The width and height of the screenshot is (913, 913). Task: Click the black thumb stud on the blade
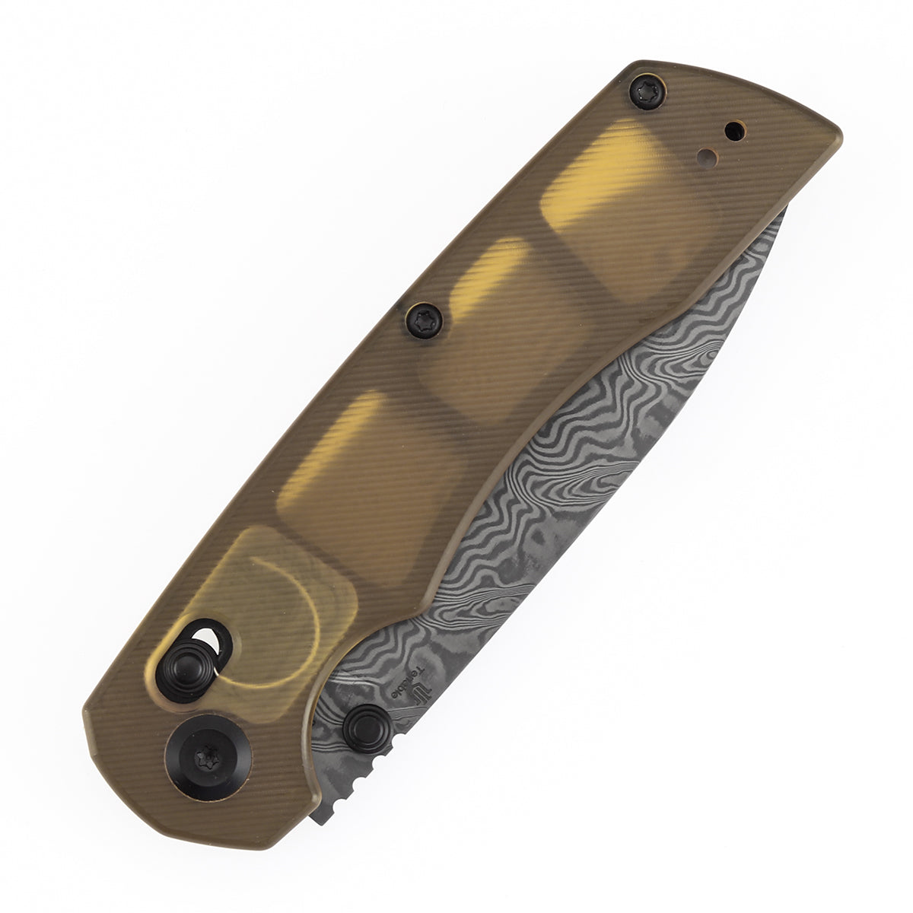367,727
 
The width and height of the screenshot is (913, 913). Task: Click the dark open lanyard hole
734,132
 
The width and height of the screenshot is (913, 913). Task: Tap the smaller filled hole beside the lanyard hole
708,157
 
